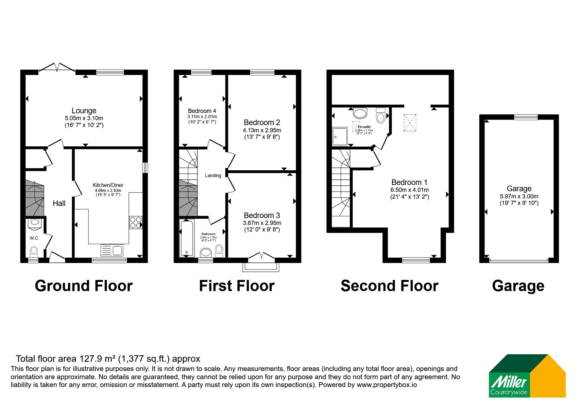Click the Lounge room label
(x=84, y=111)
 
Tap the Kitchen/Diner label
(x=108, y=185)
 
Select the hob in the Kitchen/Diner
(x=136, y=222)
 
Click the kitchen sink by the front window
(x=112, y=250)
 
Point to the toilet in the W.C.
(x=34, y=252)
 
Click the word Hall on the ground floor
(x=59, y=203)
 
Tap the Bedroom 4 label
(x=202, y=111)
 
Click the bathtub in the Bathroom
(x=187, y=238)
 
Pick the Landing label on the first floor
(x=213, y=175)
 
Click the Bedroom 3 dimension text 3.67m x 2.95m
(x=262, y=223)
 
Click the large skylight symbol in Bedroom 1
(x=410, y=122)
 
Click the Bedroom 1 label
(x=409, y=182)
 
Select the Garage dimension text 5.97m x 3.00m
(x=519, y=196)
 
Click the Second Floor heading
(x=389, y=286)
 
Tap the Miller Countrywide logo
(x=527, y=376)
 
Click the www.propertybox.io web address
(x=387, y=385)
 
